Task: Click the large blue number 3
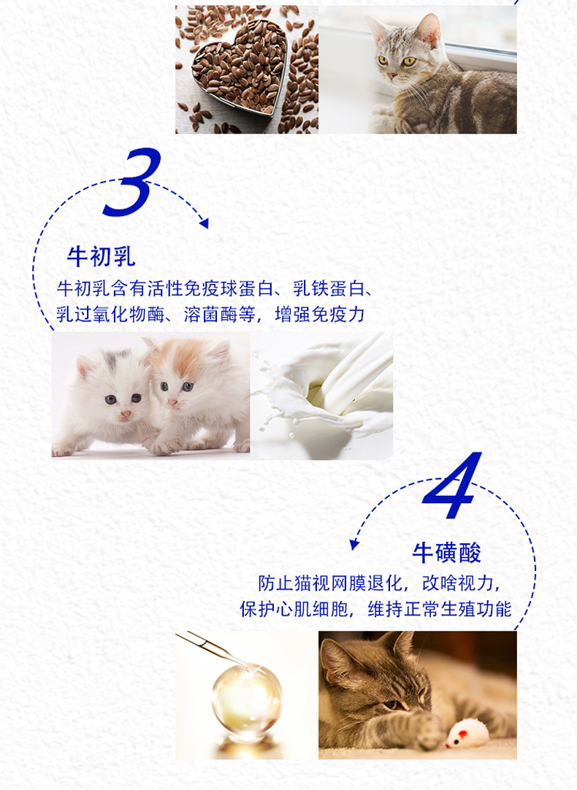pyautogui.click(x=132, y=183)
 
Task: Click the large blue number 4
pyautogui.click(x=452, y=486)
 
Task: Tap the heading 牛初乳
pyautogui.click(x=101, y=256)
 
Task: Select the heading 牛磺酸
pyautogui.click(x=446, y=553)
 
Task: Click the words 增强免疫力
pyautogui.click(x=319, y=315)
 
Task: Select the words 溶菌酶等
pyautogui.click(x=219, y=315)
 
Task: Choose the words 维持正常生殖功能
pyautogui.click(x=440, y=609)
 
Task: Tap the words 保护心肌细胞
pyautogui.click(x=294, y=609)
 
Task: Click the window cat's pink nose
pyautogui.click(x=391, y=76)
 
